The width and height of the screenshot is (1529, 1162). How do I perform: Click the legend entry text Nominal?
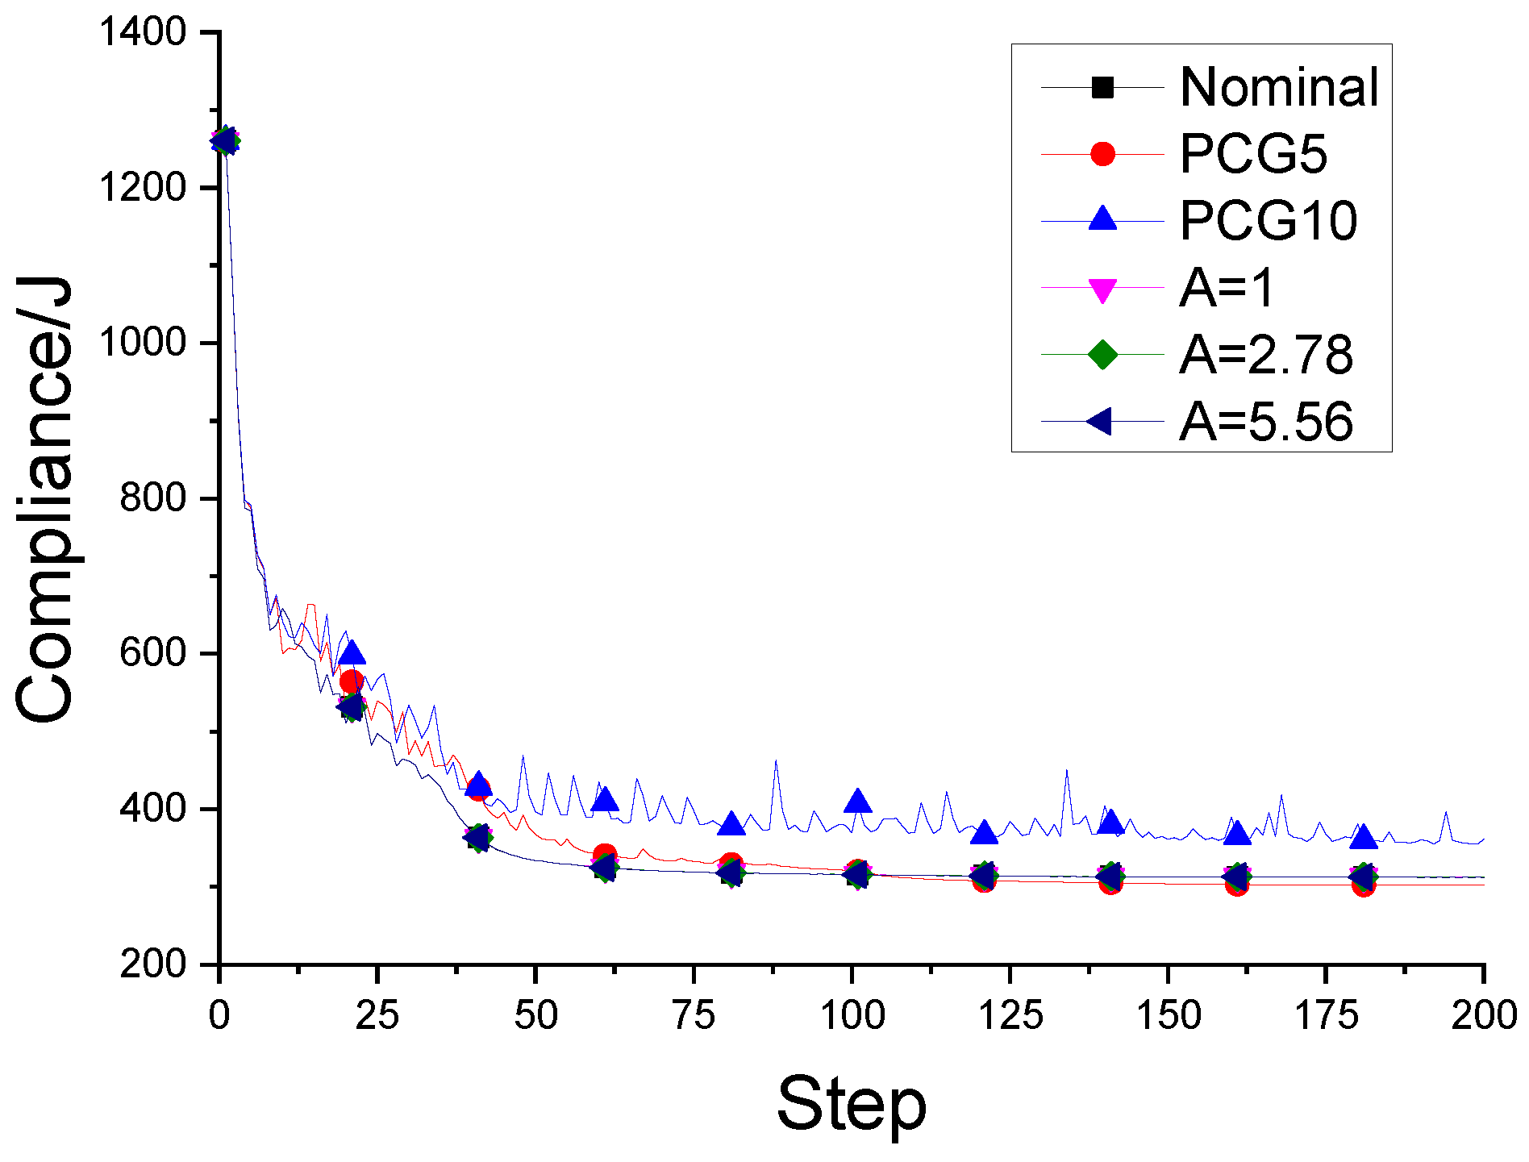point(1279,87)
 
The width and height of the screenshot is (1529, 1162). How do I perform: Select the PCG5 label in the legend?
point(1252,153)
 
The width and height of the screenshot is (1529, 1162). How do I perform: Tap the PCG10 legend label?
point(1268,220)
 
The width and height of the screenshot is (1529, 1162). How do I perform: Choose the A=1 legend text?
point(1227,287)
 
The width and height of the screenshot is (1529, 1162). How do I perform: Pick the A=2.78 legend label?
point(1266,354)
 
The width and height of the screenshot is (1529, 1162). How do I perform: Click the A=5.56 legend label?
point(1266,421)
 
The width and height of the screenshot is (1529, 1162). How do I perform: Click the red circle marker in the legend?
point(1102,153)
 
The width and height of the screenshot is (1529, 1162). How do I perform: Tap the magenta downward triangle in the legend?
point(1102,289)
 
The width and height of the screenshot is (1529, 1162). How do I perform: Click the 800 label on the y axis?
point(153,498)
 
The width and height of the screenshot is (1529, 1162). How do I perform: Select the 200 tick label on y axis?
point(153,964)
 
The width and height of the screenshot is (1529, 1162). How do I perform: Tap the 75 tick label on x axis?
point(694,1015)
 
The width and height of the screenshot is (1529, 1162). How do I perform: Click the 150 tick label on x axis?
point(1168,1015)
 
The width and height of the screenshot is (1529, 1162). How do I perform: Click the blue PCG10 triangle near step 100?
point(857,801)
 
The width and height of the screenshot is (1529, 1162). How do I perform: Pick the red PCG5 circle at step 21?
point(352,682)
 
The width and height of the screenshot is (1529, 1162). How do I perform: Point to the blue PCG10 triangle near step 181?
point(1363,838)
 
